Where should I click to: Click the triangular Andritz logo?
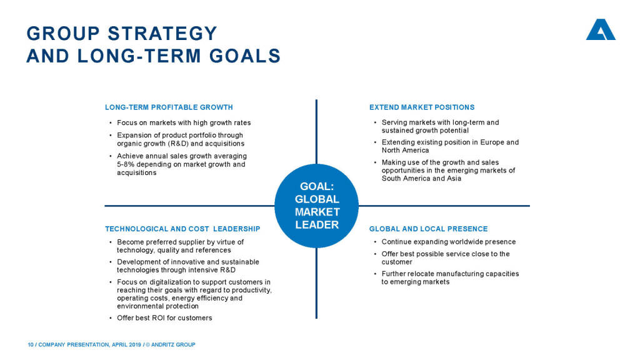[x=601, y=29]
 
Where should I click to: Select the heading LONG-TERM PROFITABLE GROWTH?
[x=169, y=107]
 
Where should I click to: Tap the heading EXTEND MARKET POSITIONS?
[x=422, y=107]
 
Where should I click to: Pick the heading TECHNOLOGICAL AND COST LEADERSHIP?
[x=182, y=229]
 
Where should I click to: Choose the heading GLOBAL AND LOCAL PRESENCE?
[x=429, y=229]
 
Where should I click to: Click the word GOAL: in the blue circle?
[x=317, y=186]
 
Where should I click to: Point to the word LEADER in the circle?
[x=317, y=225]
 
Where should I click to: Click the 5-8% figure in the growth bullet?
[x=126, y=164]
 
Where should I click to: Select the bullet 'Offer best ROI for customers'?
[x=164, y=318]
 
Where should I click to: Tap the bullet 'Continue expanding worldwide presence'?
[x=449, y=242]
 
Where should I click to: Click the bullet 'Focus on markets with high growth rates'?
[x=184, y=123]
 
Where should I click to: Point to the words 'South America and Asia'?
[x=421, y=178]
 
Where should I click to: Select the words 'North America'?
[x=405, y=150]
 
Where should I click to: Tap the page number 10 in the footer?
[x=31, y=345]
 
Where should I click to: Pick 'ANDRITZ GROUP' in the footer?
[x=173, y=345]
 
